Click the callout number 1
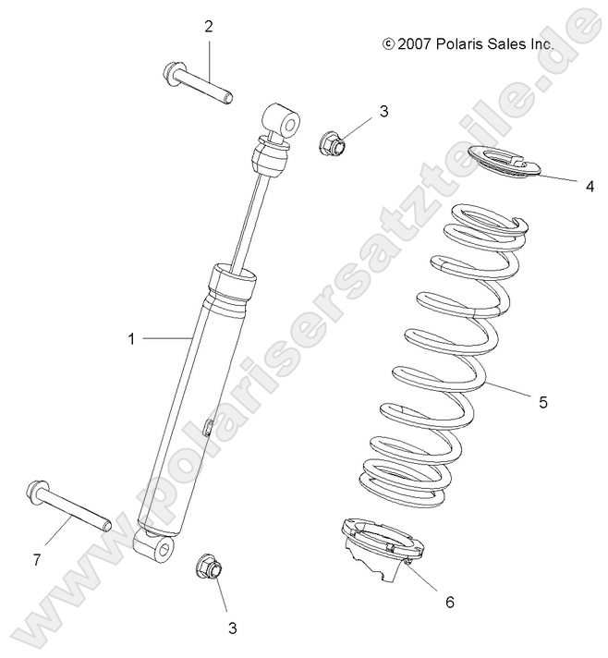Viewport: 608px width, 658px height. tap(131, 339)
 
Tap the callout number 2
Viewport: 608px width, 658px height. tap(209, 27)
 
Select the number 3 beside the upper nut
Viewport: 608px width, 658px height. tap(358, 113)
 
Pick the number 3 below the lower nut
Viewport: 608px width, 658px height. tap(232, 628)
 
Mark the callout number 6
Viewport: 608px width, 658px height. tap(450, 602)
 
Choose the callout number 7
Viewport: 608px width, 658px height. tap(38, 560)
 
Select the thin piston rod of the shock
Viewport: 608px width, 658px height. tap(255, 218)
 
